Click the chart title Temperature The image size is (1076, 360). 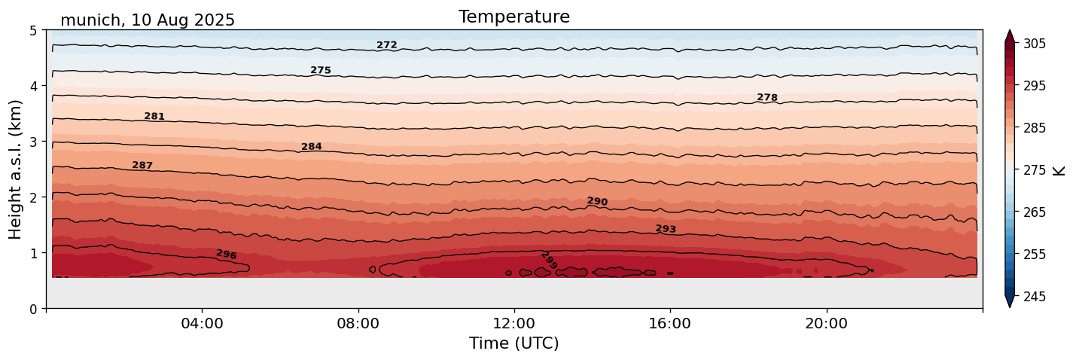click(x=514, y=17)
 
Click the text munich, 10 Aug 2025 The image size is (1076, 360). click(x=148, y=20)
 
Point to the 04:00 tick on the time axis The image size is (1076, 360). click(x=202, y=324)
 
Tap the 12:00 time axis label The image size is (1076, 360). click(x=514, y=324)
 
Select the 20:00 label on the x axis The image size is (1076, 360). click(x=827, y=324)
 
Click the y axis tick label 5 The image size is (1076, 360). click(x=33, y=31)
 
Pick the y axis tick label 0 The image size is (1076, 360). click(x=33, y=308)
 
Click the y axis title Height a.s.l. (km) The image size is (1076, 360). click(x=16, y=169)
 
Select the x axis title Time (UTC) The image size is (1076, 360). click(x=514, y=344)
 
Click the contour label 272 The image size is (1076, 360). click(x=386, y=45)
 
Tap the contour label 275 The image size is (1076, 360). click(x=321, y=71)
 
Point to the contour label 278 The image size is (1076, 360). click(x=767, y=98)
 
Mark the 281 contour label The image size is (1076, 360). click(x=154, y=117)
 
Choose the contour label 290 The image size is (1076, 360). click(x=597, y=202)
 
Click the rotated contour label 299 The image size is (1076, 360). click(x=549, y=261)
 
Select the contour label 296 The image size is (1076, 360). click(x=226, y=255)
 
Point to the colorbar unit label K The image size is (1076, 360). click(x=1059, y=170)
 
